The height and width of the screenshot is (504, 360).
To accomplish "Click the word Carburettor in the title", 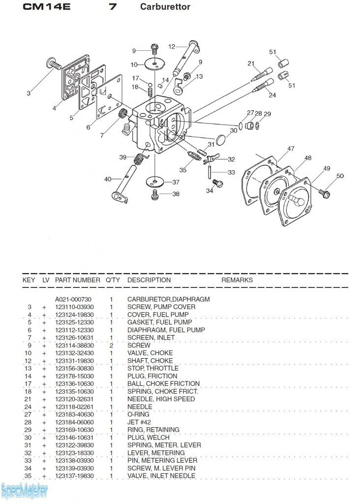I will tap(165, 7).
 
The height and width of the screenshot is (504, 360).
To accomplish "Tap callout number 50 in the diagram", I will tap(340, 176).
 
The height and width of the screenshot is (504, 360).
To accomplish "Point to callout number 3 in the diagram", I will tap(29, 93).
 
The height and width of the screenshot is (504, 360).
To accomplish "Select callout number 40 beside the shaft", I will tap(108, 179).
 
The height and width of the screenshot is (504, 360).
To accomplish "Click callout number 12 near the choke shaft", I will tap(172, 47).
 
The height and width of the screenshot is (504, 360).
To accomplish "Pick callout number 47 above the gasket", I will tap(291, 149).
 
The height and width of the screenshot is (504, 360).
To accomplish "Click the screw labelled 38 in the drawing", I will tap(156, 194).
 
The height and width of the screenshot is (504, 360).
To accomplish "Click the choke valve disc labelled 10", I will tap(156, 63).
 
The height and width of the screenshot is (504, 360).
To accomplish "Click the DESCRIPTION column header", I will tap(149, 280).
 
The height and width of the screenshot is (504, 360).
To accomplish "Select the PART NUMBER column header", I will tap(78, 280).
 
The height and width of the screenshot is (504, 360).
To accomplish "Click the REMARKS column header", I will tap(237, 280).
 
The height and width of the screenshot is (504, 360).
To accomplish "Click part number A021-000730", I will tap(73, 299).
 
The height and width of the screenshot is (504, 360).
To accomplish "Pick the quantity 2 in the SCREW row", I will tap(111, 346).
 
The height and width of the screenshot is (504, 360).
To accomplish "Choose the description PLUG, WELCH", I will tap(149, 438).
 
